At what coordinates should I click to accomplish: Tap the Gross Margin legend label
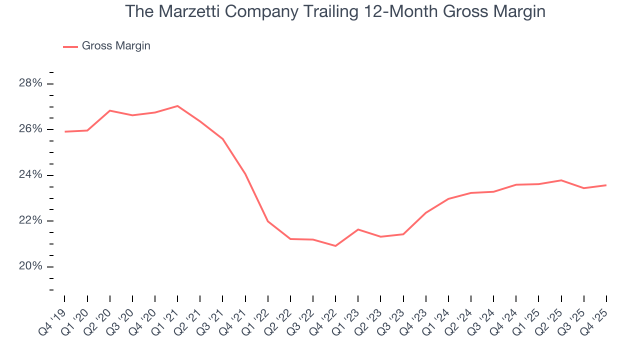116,46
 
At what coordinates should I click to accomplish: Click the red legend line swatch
70,46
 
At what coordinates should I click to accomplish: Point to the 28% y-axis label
30,83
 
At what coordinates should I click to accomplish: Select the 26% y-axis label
30,129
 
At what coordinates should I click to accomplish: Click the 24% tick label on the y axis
30,175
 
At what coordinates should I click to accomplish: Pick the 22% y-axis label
30,221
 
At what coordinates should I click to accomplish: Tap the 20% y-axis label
30,266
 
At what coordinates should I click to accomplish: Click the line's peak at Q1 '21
177,106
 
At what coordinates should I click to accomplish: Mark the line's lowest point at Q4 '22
335,246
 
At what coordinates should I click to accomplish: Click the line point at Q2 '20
110,110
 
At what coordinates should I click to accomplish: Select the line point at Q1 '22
268,221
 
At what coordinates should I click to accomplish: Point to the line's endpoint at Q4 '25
606,185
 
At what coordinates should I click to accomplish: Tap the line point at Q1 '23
358,229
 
